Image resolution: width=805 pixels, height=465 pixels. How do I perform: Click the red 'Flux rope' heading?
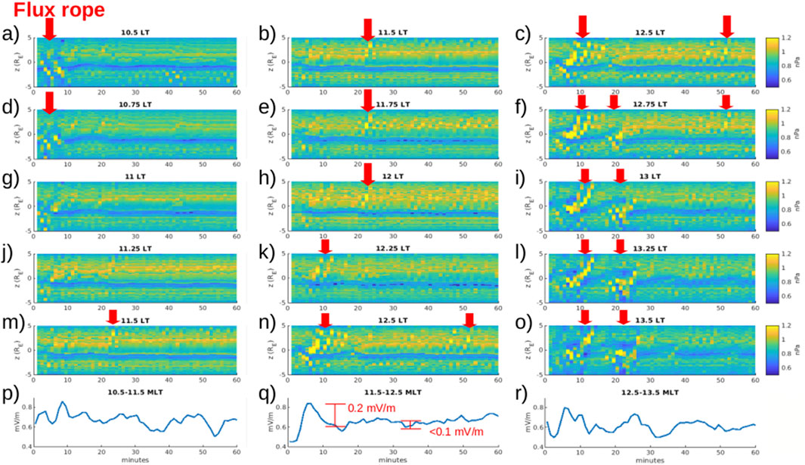pos(51,10)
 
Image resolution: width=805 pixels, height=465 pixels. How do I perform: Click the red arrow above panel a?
pos(50,29)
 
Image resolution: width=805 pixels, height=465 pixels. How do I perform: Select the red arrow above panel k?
pos(325,246)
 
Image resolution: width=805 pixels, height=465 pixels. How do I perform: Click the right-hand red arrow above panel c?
pos(726,26)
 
